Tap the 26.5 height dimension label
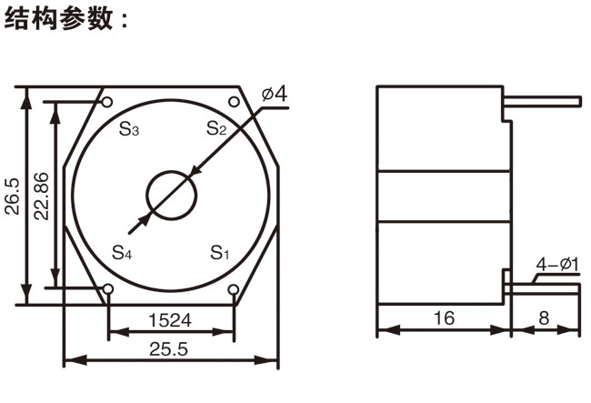(x=11, y=195)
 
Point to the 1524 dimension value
(x=170, y=319)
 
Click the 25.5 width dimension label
(x=170, y=348)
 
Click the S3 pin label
(x=129, y=129)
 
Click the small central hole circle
(x=171, y=194)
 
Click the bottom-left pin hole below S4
(x=108, y=290)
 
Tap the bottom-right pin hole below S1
(x=234, y=290)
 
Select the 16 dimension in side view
(x=443, y=319)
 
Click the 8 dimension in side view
(x=543, y=319)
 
